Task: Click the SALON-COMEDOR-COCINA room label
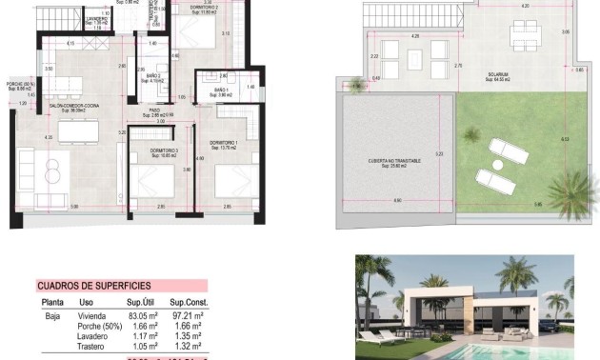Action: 56,107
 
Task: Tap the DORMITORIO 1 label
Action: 221,144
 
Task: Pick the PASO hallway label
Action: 153,111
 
